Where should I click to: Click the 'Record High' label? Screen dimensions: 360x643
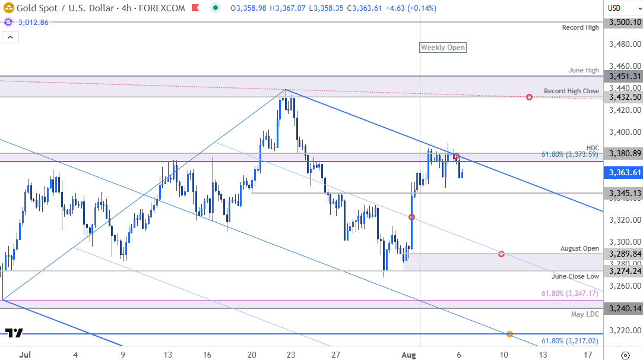(x=581, y=28)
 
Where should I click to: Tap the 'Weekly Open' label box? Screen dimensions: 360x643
(x=443, y=48)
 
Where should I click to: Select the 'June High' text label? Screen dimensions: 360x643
(x=584, y=70)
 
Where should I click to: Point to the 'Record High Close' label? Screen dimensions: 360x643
(x=571, y=91)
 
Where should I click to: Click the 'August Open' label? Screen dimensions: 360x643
(x=579, y=248)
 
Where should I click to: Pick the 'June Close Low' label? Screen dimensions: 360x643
(x=575, y=276)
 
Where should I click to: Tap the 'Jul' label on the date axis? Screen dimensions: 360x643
(x=25, y=355)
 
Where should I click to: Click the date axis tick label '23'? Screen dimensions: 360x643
(x=290, y=355)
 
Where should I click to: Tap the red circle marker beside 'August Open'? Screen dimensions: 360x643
(x=502, y=254)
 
